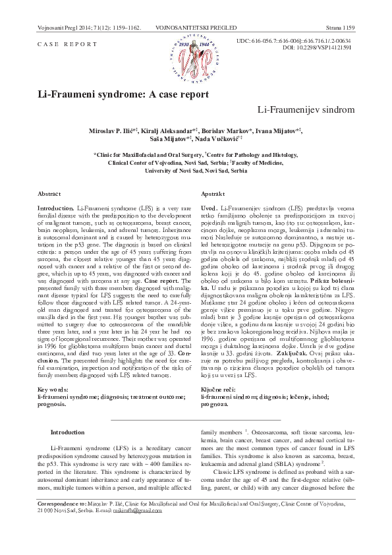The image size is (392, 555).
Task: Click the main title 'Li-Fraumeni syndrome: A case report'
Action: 123,94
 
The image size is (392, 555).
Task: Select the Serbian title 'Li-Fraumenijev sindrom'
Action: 306,108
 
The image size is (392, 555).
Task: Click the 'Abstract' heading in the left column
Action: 49,196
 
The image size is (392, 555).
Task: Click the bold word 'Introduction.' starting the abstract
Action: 56,208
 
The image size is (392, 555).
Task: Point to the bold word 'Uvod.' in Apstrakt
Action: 209,208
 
